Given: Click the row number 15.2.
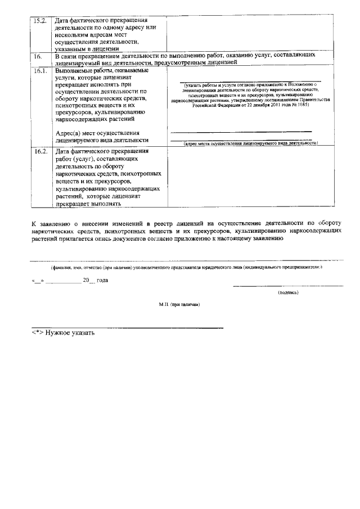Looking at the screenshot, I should click(39, 21).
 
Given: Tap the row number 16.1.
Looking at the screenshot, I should click(39, 71).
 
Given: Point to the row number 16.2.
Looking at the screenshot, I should click(39, 152).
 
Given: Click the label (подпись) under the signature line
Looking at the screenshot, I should click(288, 292).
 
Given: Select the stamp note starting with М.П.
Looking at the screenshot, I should click(179, 304).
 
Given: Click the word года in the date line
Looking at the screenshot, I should click(102, 280).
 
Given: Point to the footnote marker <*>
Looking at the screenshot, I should click(38, 333).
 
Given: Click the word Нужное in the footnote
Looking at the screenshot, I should click(58, 333).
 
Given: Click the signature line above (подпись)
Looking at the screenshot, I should click(288, 286).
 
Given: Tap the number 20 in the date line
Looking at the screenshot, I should click(86, 280).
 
